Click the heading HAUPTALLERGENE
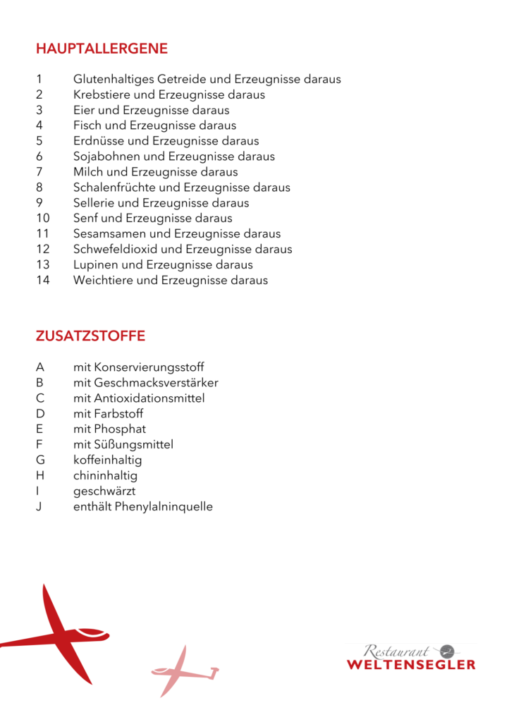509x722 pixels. click(x=102, y=49)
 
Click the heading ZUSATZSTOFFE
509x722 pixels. click(x=90, y=336)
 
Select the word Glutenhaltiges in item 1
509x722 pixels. click(x=114, y=80)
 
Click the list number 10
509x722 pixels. click(x=42, y=219)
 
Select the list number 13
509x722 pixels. click(x=42, y=265)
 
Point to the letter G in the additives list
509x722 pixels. click(x=40, y=460)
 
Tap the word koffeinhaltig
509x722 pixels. click(x=107, y=460)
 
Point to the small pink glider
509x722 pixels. click(x=182, y=671)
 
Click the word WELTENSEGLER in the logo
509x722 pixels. click(x=411, y=664)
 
